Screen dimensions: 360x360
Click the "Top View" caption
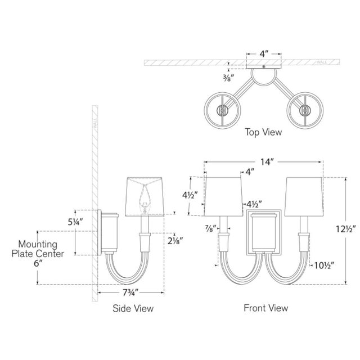(263, 133)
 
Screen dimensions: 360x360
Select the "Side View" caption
(133, 309)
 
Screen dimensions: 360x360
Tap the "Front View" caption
(265, 308)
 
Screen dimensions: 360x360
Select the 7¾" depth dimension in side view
(131, 294)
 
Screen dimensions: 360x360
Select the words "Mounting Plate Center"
(38, 249)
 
